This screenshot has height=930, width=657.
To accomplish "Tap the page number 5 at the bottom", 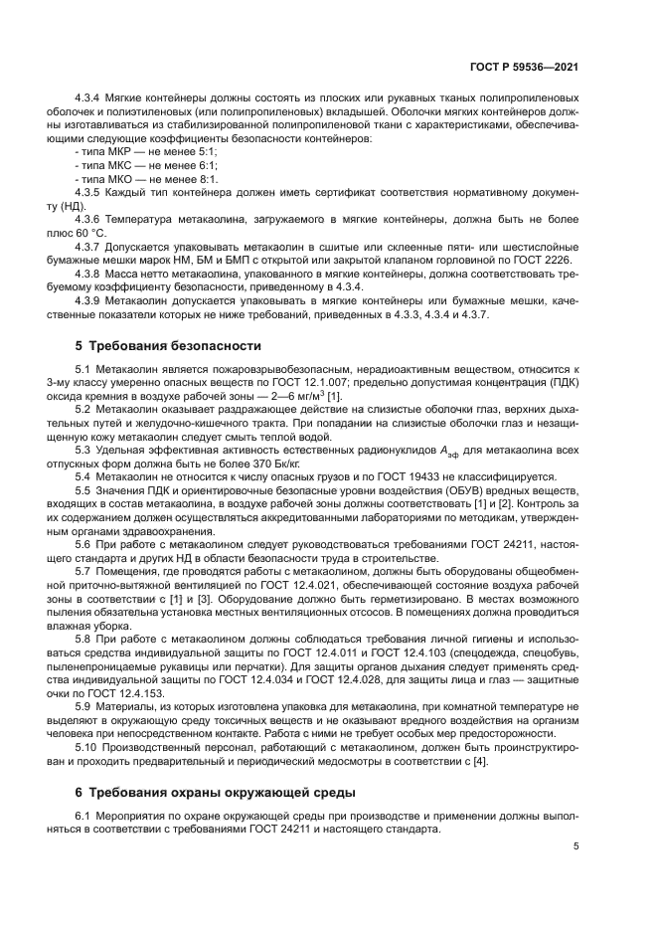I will pyautogui.click(x=576, y=846).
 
